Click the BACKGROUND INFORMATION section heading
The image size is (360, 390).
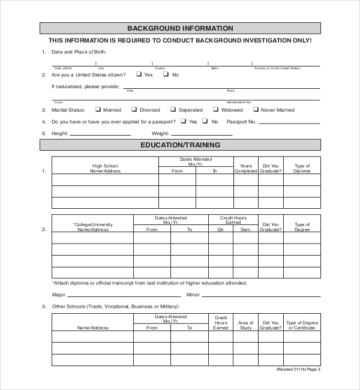(180, 28)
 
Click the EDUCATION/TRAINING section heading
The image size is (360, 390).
(180, 145)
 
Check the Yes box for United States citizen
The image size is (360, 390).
(139, 74)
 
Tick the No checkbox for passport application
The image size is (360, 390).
(206, 121)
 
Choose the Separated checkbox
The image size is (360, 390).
(173, 110)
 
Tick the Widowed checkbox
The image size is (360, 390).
(216, 110)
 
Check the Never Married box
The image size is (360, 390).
(256, 110)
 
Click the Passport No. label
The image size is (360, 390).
(242, 122)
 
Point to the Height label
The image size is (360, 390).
(59, 133)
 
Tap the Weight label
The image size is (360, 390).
(160, 133)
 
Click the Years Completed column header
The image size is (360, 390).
(245, 168)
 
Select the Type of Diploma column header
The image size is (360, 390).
(302, 168)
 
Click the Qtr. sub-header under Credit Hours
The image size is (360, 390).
(220, 229)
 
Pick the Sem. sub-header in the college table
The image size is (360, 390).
(245, 229)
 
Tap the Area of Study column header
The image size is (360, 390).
(245, 325)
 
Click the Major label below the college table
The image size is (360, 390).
(59, 295)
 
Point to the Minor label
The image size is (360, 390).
(193, 295)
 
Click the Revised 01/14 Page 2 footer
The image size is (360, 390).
(298, 370)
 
